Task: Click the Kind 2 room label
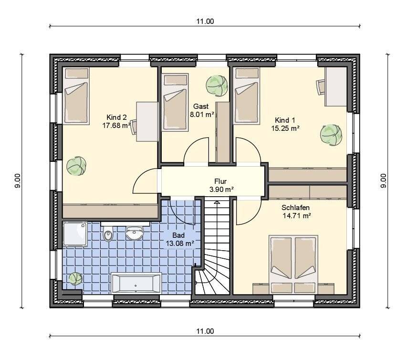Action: click(x=116, y=117)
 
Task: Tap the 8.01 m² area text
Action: click(x=202, y=114)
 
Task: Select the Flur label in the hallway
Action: click(x=220, y=181)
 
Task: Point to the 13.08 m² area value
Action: click(x=180, y=244)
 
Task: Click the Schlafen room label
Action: click(x=295, y=208)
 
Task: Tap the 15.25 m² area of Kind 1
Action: click(x=285, y=128)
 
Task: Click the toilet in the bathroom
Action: click(x=108, y=233)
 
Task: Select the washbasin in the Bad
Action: click(x=134, y=233)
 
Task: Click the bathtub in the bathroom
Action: click(x=136, y=283)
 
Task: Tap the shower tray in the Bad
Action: click(x=75, y=234)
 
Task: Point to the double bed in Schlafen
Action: click(x=293, y=265)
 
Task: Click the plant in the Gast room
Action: click(x=217, y=86)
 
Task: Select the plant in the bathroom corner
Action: click(x=75, y=279)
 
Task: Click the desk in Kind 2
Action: click(x=147, y=122)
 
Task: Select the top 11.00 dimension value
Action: click(x=205, y=21)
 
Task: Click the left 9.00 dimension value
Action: click(x=18, y=181)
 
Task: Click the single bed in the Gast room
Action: click(x=175, y=102)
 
